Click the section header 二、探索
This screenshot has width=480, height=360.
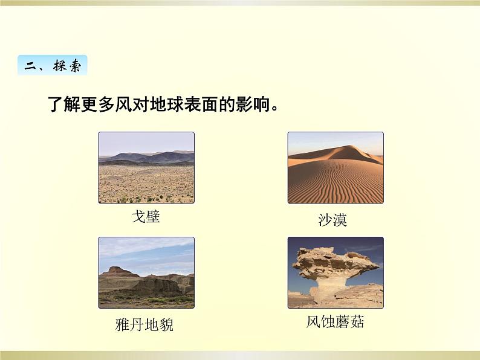pos(53,65)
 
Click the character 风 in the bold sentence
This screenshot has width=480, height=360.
pos(123,104)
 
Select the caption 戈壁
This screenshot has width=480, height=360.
pos(146,217)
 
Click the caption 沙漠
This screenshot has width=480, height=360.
pos(332,220)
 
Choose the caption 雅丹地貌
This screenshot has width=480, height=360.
pos(144,324)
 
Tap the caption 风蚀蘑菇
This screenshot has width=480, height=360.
pos(335,321)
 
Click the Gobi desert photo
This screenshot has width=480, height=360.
pos(146,167)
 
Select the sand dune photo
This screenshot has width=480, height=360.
pos(336,167)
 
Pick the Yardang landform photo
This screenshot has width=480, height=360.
pos(146,272)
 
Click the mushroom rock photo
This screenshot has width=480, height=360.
pos(336,272)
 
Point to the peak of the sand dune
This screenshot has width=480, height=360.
pos(349,146)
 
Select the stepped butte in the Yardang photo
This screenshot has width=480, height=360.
pos(115,272)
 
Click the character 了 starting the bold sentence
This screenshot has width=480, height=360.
pos(55,104)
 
